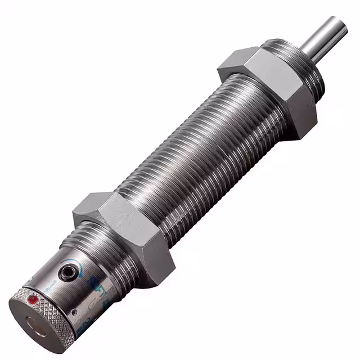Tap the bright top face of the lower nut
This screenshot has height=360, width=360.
[107, 208]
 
